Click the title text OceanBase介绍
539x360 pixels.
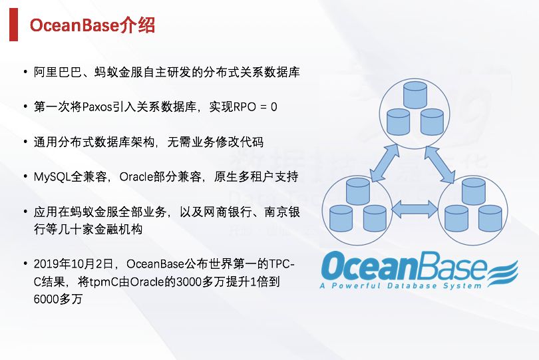tap(92, 25)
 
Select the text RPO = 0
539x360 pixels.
tap(254, 106)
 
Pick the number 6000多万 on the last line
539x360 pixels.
tap(57, 299)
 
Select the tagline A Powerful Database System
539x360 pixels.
tap(400, 285)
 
